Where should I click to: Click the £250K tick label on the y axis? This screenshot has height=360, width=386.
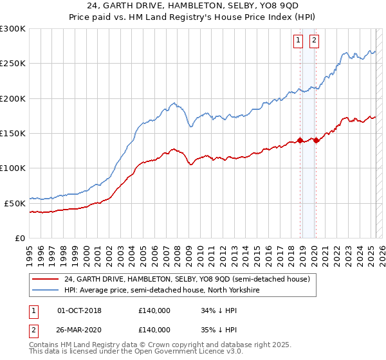coord(12,64)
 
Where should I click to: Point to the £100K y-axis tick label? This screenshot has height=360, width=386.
coord(12,168)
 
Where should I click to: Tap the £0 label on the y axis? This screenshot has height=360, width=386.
coord(19,238)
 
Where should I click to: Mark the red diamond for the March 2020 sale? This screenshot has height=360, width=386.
coord(317,140)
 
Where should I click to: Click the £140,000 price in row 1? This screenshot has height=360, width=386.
coord(154,310)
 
